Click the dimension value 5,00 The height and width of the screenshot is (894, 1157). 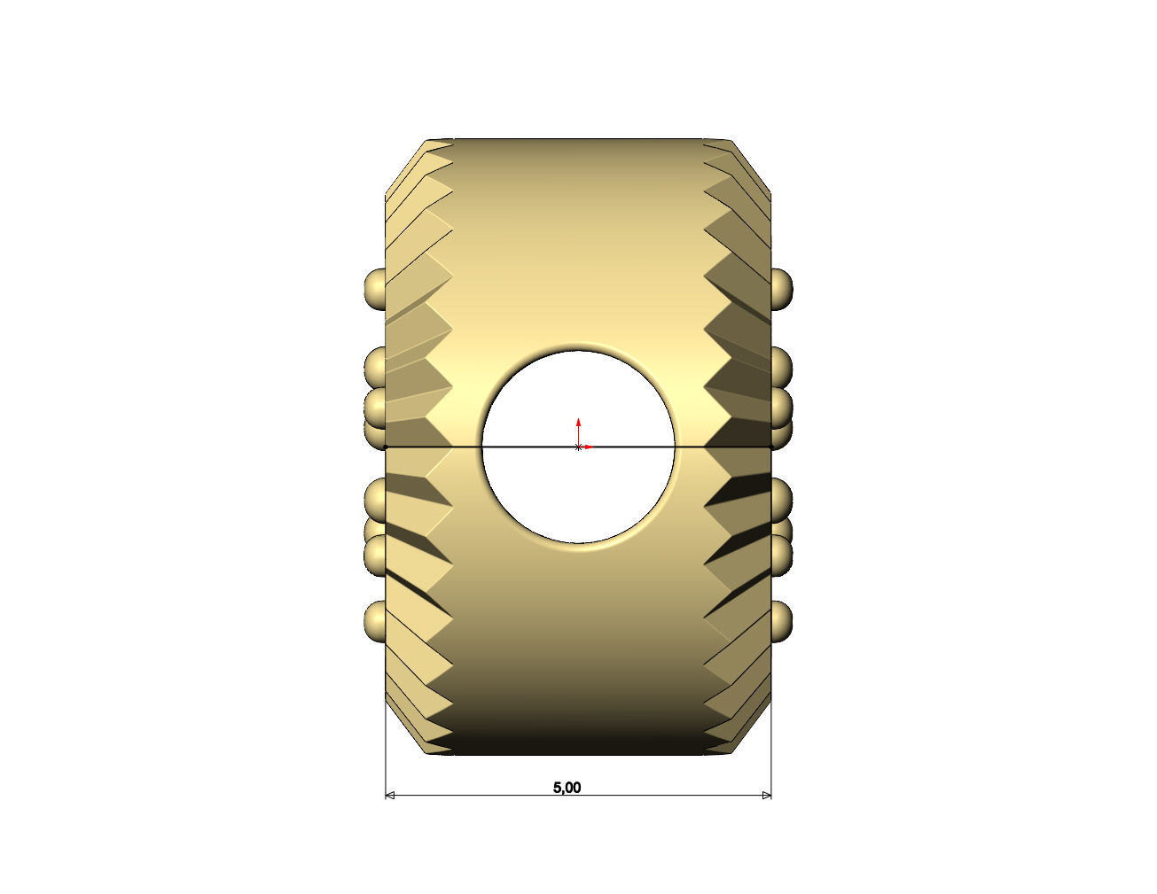(567, 787)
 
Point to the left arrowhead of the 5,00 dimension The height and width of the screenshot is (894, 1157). (390, 796)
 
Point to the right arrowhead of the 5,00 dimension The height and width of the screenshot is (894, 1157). (766, 796)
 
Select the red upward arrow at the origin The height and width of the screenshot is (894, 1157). (578, 425)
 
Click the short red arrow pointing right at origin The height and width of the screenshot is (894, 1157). (587, 447)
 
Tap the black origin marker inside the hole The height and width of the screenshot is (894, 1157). (578, 447)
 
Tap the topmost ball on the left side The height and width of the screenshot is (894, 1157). (375, 288)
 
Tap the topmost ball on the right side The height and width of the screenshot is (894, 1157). (781, 288)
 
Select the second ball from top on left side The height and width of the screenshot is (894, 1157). (375, 364)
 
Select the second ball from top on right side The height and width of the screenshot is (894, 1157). (781, 364)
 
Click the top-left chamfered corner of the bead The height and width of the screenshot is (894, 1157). (404, 165)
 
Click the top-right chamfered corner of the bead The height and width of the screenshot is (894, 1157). (752, 165)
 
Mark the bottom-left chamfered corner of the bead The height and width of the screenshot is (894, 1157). (404, 732)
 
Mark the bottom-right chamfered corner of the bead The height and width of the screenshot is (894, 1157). (752, 732)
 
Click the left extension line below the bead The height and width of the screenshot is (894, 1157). (386, 771)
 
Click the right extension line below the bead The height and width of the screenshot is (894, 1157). (771, 771)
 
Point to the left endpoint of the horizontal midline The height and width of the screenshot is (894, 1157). (386, 447)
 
